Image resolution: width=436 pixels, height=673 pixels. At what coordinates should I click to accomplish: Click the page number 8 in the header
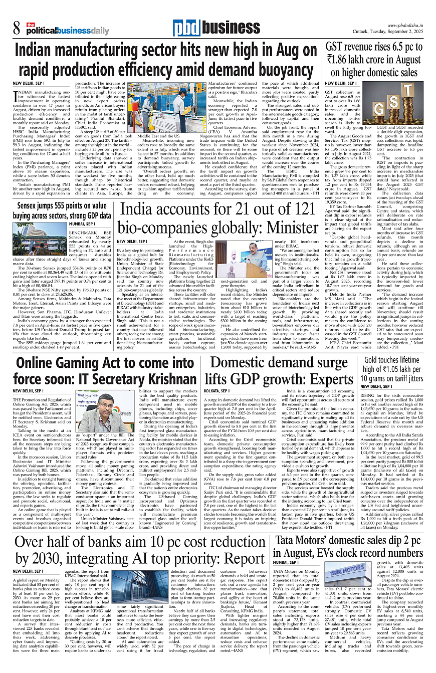(x=17, y=28)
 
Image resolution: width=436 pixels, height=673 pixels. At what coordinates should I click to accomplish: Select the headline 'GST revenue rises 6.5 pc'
(x=374, y=49)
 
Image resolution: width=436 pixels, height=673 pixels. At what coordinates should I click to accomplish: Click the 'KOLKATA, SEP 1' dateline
(x=216, y=390)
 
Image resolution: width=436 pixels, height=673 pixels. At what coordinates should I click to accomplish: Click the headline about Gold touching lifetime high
(x=379, y=370)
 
